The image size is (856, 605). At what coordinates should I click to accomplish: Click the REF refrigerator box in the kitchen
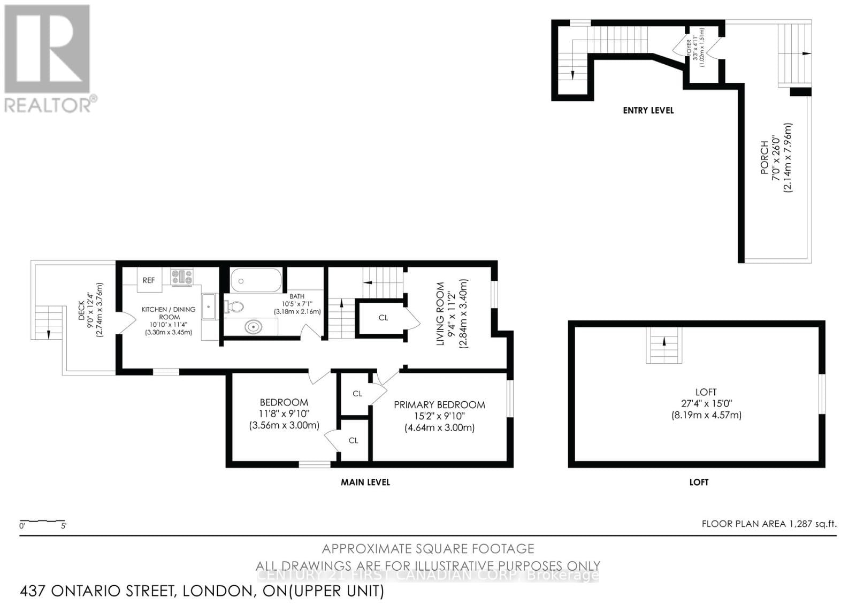(x=149, y=280)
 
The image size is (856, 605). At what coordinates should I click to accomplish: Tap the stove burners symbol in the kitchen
(x=182, y=277)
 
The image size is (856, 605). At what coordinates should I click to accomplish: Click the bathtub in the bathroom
(x=255, y=280)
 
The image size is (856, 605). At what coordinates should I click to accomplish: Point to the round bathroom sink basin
(x=253, y=326)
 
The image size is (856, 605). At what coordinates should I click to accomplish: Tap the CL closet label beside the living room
(x=383, y=318)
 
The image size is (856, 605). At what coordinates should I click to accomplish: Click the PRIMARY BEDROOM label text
(x=439, y=405)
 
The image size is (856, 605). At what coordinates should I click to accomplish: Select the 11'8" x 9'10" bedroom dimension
(x=284, y=413)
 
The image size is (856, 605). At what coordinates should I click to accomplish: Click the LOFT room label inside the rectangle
(x=706, y=392)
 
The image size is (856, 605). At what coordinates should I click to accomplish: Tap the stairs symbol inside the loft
(x=664, y=346)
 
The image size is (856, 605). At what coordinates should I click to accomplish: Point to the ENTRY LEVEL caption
(x=648, y=110)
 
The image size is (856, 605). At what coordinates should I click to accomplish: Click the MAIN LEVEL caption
(x=365, y=482)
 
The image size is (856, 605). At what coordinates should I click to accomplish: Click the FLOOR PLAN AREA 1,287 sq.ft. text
(x=769, y=524)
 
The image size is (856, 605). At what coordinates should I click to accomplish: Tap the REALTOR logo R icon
(x=47, y=49)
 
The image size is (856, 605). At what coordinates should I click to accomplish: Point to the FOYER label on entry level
(x=690, y=43)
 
